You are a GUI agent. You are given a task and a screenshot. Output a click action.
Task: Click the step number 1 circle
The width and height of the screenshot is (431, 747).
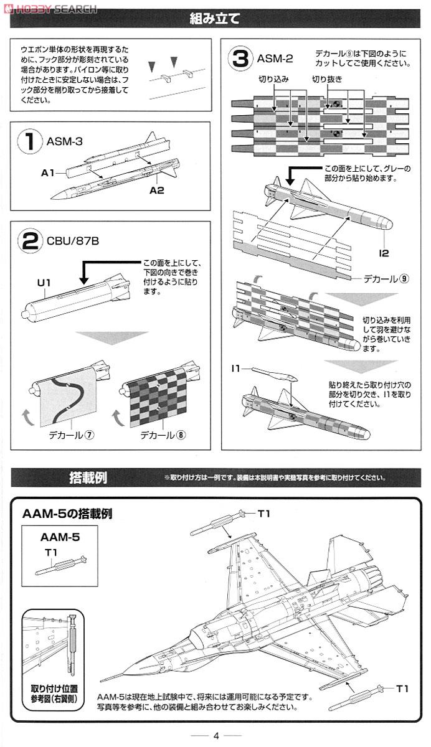(x=30, y=143)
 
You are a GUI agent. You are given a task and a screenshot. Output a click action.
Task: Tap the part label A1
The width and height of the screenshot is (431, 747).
(x=49, y=172)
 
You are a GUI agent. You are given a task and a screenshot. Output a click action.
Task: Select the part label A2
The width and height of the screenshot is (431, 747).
(x=156, y=190)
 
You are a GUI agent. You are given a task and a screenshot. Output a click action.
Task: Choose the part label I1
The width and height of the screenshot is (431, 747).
(x=235, y=369)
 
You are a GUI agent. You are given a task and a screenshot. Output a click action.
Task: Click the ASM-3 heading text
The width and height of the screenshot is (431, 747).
(x=64, y=141)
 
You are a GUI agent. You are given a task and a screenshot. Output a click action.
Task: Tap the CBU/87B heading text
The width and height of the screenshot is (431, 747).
(x=72, y=240)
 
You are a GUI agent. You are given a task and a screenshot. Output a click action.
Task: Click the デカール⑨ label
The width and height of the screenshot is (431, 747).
(x=387, y=278)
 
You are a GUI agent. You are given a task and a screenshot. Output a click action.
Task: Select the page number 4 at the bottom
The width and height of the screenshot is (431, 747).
(x=215, y=735)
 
